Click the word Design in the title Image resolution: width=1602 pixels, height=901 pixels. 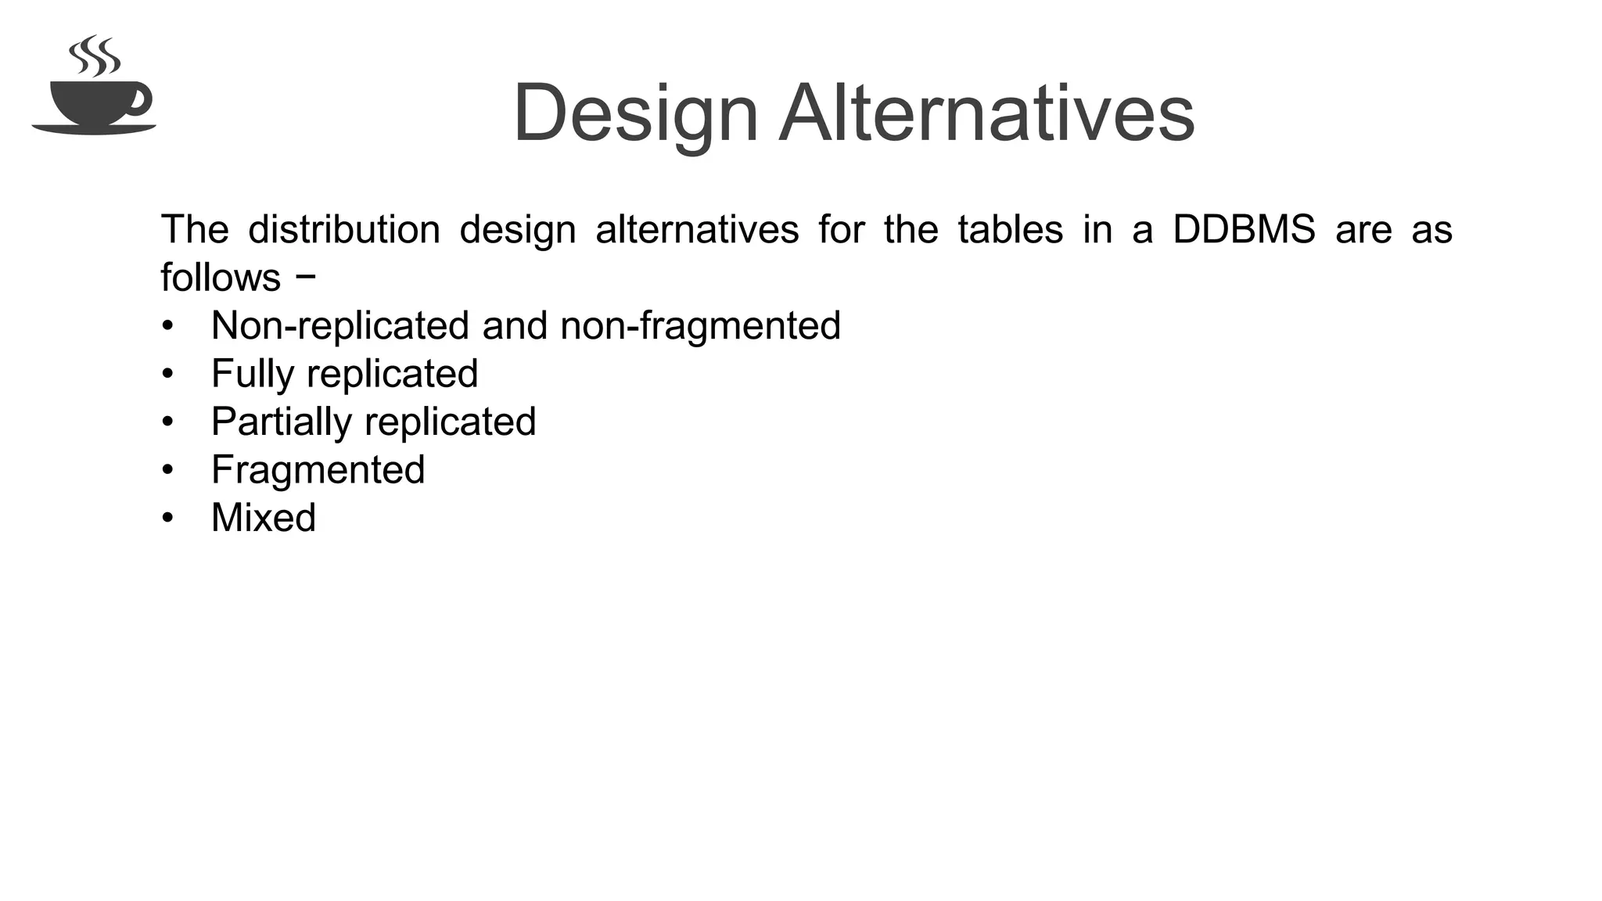point(635,114)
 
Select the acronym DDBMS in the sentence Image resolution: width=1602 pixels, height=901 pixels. point(1244,230)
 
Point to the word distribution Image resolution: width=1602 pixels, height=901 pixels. point(344,230)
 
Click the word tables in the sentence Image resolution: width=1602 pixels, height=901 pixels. point(1010,230)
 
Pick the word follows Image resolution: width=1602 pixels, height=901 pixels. point(221,278)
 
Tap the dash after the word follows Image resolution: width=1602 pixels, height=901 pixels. point(307,275)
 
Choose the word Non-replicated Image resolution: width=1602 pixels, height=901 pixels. point(340,326)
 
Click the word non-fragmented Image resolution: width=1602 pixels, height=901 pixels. point(700,326)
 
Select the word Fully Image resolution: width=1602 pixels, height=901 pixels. point(253,375)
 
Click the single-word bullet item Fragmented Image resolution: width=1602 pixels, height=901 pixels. point(318,470)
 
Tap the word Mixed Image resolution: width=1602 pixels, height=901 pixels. point(264,518)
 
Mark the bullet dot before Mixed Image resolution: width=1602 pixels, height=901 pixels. point(167,518)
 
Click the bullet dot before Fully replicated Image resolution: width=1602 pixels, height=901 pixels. point(167,374)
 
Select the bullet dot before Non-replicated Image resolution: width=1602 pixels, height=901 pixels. point(167,326)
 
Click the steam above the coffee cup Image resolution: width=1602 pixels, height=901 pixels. point(95,56)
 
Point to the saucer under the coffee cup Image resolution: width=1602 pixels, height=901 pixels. point(94,129)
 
